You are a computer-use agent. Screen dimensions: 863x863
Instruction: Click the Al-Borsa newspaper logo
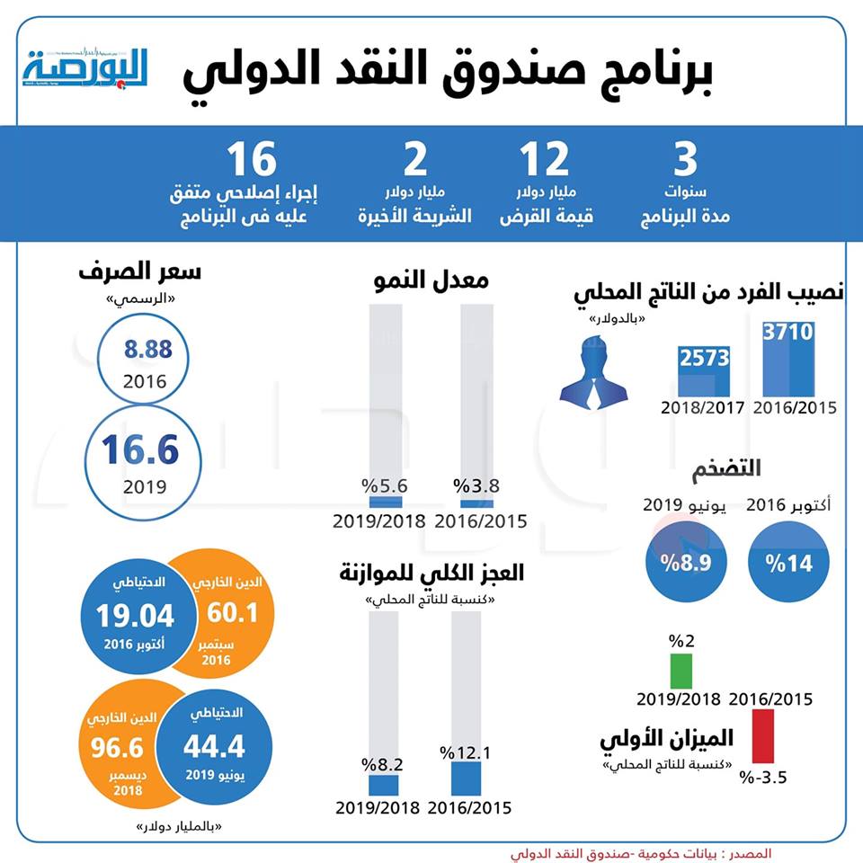pos(86,67)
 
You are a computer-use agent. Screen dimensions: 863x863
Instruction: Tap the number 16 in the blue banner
pos(251,161)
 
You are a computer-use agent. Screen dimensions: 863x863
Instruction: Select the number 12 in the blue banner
pos(546,161)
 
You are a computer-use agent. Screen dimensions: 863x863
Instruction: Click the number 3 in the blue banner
pos(686,161)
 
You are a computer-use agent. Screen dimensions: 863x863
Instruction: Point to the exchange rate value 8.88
pos(147,350)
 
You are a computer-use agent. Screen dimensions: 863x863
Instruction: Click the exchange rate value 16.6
pos(140,449)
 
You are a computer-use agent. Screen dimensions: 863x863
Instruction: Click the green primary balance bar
pos(681,671)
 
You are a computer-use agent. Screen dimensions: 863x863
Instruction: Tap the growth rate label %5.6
pos(385,486)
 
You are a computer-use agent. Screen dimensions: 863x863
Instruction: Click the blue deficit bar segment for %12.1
pos(466,778)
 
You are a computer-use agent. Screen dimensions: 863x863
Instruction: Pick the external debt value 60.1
pos(233,613)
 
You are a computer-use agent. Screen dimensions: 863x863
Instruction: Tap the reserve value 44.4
pos(214,746)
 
